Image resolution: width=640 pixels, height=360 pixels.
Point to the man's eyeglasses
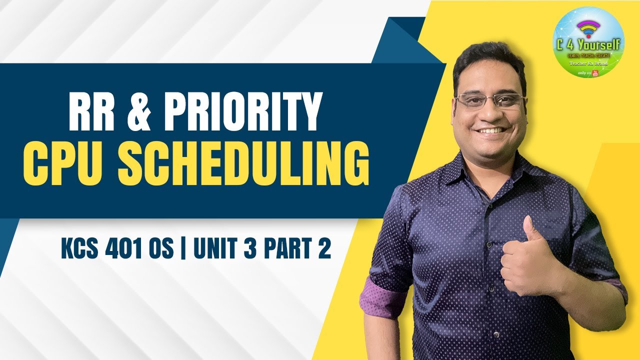pos(489,100)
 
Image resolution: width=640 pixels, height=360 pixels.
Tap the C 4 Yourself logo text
pos(588,45)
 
